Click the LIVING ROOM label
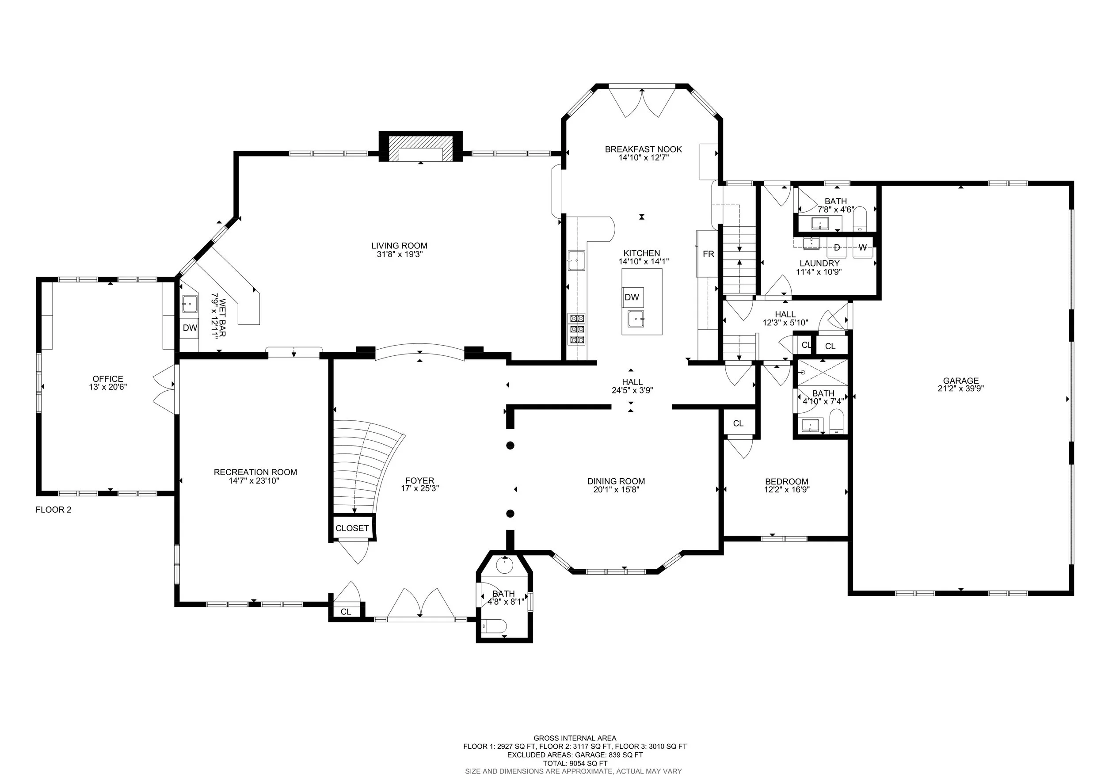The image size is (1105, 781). pyautogui.click(x=399, y=246)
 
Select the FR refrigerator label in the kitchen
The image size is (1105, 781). pyautogui.click(x=708, y=254)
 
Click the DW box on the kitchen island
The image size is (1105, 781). pyautogui.click(x=632, y=297)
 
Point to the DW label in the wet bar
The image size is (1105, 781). pyautogui.click(x=190, y=328)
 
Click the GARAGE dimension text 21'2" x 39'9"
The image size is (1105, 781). pyautogui.click(x=960, y=389)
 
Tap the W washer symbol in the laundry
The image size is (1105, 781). pyautogui.click(x=862, y=248)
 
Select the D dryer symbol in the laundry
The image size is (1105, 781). pyautogui.click(x=837, y=248)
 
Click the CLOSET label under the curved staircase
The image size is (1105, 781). pyautogui.click(x=352, y=528)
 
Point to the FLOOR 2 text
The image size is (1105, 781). pyautogui.click(x=53, y=510)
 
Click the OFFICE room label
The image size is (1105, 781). pyautogui.click(x=108, y=379)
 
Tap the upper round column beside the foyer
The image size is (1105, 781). pyautogui.click(x=510, y=446)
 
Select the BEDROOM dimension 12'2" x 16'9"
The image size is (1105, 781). pyautogui.click(x=786, y=490)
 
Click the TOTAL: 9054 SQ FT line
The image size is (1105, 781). pyautogui.click(x=575, y=763)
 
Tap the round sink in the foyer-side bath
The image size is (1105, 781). pyautogui.click(x=504, y=565)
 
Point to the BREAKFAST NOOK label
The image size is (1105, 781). pyautogui.click(x=643, y=149)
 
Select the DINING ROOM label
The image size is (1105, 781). pyautogui.click(x=616, y=481)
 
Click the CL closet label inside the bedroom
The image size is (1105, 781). pyautogui.click(x=738, y=423)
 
